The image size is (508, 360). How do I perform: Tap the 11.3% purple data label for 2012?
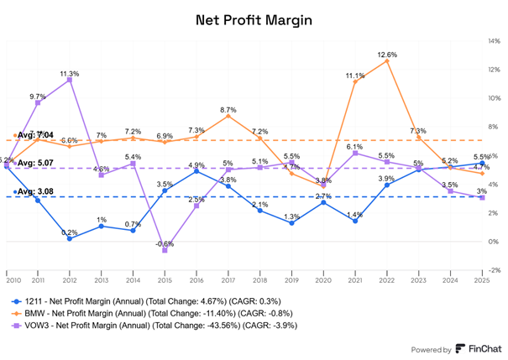pyautogui.click(x=70, y=74)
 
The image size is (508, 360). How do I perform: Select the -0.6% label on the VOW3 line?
pyautogui.click(x=165, y=243)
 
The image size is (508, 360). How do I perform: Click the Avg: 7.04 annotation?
pyautogui.click(x=36, y=133)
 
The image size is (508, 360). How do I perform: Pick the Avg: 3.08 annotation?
pyautogui.click(x=36, y=191)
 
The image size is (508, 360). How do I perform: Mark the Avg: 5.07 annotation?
pyautogui.click(x=36, y=163)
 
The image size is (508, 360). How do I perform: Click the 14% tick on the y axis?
pyautogui.click(x=495, y=41)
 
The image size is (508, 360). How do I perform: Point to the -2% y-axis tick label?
pyautogui.click(x=495, y=270)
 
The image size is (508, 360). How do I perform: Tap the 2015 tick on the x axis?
pyautogui.click(x=165, y=276)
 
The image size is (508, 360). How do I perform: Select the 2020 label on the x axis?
pyautogui.click(x=323, y=276)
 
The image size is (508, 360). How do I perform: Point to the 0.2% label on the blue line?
pyautogui.click(x=70, y=232)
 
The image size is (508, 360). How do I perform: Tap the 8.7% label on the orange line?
pyautogui.click(x=228, y=110)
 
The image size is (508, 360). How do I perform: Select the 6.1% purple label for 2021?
pyautogui.click(x=354, y=147)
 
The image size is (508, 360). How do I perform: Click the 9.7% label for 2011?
pyautogui.click(x=38, y=97)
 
